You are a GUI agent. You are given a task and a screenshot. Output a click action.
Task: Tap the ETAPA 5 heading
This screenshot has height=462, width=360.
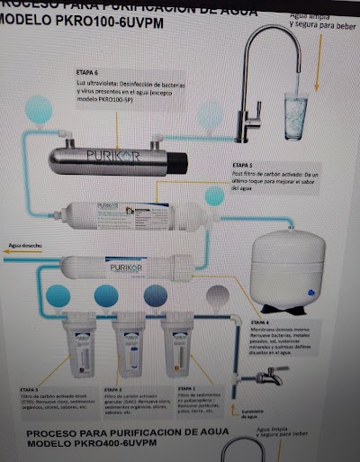click(x=243, y=166)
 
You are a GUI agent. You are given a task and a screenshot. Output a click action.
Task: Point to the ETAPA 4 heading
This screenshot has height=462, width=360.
click(x=260, y=321)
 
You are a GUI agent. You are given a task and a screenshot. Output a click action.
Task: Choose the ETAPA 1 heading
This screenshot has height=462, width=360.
click(x=187, y=389)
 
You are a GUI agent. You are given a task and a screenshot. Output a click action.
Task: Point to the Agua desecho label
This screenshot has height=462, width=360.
click(x=26, y=243)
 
